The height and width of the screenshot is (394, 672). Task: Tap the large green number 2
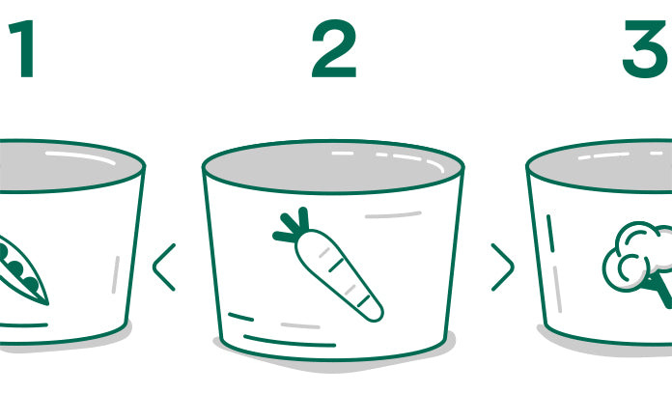(x=334, y=48)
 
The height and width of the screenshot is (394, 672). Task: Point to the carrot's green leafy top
(x=293, y=225)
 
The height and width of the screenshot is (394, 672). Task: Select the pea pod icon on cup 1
(x=21, y=271)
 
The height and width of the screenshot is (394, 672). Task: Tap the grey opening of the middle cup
(x=333, y=166)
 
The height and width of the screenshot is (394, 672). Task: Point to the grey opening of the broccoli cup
(x=600, y=166)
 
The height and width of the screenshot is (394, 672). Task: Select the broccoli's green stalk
(x=661, y=291)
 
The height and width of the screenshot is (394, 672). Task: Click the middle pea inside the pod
(x=15, y=268)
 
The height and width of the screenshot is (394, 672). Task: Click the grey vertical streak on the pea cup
(x=116, y=275)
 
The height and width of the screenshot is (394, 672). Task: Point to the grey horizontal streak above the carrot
(x=393, y=214)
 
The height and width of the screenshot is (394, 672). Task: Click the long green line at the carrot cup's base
(x=290, y=341)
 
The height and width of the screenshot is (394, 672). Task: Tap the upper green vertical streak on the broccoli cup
(x=550, y=234)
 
